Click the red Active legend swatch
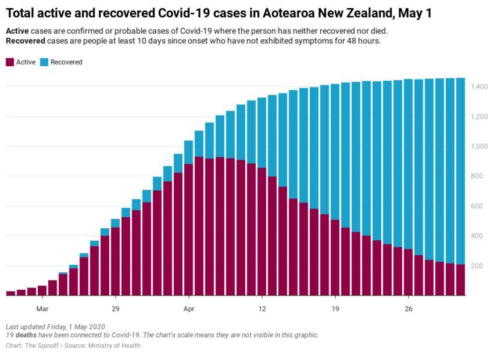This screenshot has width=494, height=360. [x=10, y=62]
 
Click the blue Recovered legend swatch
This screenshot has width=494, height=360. [x=44, y=62]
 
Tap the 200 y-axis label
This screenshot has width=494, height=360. [x=477, y=267]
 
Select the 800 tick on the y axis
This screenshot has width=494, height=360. [x=477, y=177]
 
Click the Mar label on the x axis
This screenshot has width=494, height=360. [x=42, y=308]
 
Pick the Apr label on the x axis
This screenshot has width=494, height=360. [x=188, y=308]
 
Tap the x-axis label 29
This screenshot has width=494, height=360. [x=115, y=308]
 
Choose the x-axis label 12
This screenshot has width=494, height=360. [x=262, y=308]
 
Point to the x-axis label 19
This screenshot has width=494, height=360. [x=335, y=308]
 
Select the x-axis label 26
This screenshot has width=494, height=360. [x=409, y=308]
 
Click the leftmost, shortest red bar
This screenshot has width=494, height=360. [x=10, y=293]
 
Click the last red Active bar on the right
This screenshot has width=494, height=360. [x=460, y=280]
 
